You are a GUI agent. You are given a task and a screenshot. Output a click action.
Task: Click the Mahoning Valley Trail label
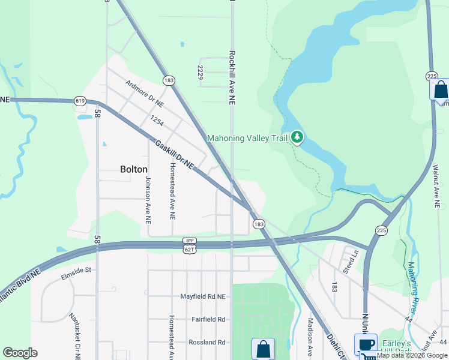[x=248, y=139]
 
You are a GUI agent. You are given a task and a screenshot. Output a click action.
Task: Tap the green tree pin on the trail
[x=297, y=138]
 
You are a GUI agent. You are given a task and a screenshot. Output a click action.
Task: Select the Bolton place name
[x=134, y=169]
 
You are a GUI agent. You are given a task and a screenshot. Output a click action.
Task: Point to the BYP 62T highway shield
[x=190, y=244]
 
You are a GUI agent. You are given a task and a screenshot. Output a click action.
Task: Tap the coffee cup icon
[x=366, y=344]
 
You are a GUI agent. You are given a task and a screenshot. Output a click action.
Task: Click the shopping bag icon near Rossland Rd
[x=263, y=349]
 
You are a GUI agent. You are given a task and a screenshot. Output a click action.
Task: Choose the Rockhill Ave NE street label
[x=232, y=77]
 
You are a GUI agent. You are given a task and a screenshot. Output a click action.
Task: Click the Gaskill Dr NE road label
[x=175, y=154]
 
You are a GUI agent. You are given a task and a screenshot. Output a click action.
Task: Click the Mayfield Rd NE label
[x=203, y=296]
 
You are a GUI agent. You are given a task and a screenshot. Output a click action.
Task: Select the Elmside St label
[x=75, y=271]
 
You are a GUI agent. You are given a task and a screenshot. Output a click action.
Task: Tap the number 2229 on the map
[x=200, y=72]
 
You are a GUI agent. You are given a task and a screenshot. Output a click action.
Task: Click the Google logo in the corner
[x=20, y=353]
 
